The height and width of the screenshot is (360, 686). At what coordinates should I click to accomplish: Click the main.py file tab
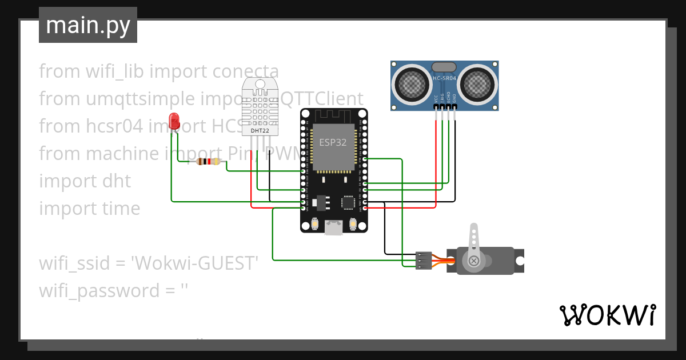(x=87, y=25)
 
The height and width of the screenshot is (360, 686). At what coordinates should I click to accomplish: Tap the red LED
(x=174, y=121)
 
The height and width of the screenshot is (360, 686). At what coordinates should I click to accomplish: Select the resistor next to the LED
(x=208, y=162)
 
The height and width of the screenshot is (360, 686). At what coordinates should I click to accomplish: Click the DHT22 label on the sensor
(x=260, y=131)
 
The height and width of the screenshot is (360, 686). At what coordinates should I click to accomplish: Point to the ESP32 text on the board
(x=333, y=143)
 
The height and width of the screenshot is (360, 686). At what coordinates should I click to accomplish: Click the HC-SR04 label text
(x=444, y=78)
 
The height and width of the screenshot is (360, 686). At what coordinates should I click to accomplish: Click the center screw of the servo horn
(x=473, y=261)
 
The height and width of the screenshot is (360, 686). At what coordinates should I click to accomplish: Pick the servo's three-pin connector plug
(x=423, y=260)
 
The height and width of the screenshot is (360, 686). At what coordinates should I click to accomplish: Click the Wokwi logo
(x=607, y=315)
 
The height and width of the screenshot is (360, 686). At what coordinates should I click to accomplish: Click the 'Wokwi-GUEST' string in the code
(x=195, y=263)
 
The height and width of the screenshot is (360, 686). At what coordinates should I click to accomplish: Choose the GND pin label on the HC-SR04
(x=455, y=98)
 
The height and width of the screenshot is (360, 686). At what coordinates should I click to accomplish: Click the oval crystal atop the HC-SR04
(x=444, y=67)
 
